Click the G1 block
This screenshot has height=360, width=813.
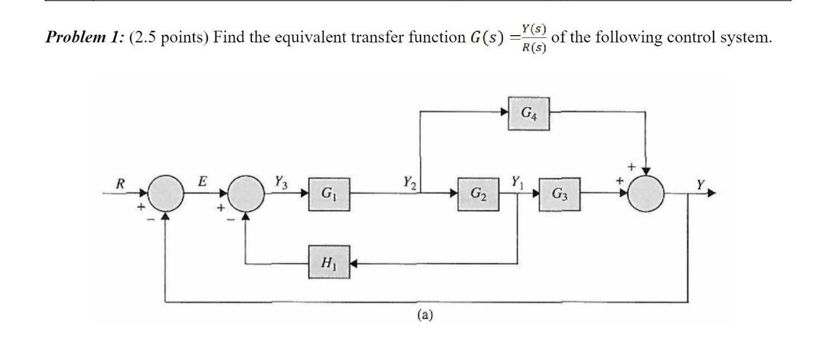(x=329, y=195)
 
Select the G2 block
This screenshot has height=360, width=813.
(x=478, y=195)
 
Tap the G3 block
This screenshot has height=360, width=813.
(x=559, y=195)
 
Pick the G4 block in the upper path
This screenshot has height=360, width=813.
(x=528, y=114)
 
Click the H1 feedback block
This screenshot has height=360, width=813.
(x=329, y=262)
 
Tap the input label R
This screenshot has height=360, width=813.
(x=120, y=182)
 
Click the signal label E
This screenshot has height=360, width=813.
(x=202, y=181)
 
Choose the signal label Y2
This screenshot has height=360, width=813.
(x=409, y=182)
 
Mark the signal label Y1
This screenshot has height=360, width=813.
(x=516, y=182)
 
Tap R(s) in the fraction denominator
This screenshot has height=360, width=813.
(x=534, y=48)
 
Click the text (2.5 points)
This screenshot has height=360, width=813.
(x=162, y=38)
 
